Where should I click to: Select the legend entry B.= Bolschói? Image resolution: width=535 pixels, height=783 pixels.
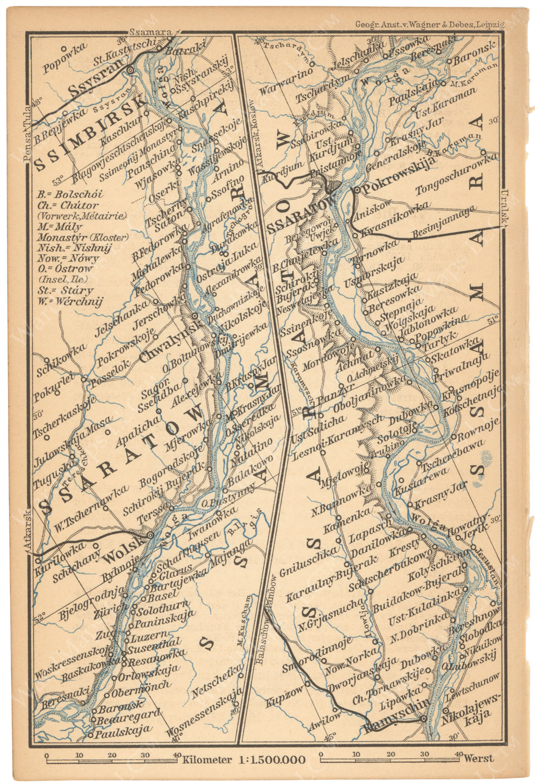[x=70, y=194]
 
